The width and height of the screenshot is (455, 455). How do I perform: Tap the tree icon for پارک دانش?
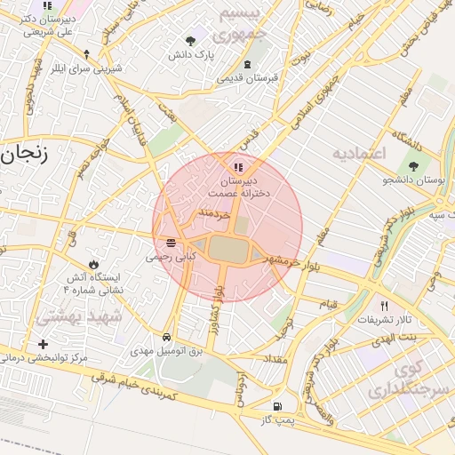point(190,40)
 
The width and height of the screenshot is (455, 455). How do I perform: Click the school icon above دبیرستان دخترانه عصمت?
point(237,166)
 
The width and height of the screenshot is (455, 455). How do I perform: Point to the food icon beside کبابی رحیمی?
point(169,243)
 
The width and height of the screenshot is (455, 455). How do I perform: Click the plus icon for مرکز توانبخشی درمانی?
point(42,344)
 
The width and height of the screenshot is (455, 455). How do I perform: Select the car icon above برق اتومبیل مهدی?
point(168,338)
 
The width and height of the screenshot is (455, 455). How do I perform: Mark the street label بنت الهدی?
point(395,339)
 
